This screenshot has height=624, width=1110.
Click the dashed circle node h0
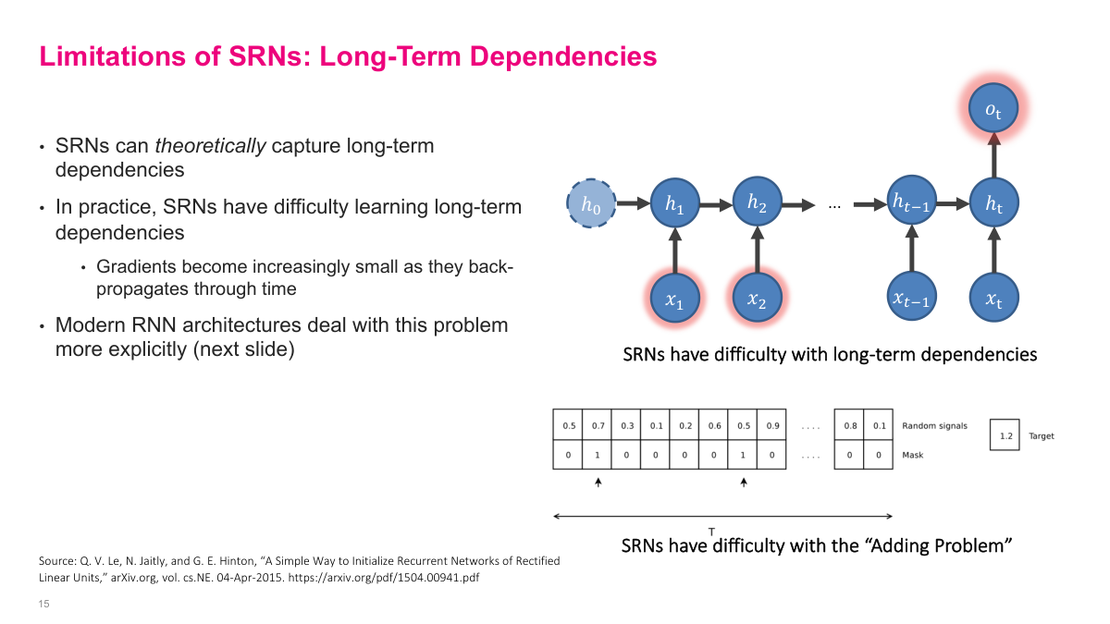tap(590, 203)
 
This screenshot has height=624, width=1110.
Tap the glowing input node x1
tap(675, 298)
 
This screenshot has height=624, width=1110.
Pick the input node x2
tap(757, 298)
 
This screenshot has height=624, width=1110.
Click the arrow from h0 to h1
tap(633, 203)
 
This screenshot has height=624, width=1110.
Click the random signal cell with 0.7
tap(598, 425)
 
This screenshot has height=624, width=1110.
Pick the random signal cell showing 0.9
tap(771, 425)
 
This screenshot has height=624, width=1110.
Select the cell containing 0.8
tap(849, 425)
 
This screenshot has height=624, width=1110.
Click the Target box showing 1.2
tap(1004, 435)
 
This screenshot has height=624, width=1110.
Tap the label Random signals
tap(934, 426)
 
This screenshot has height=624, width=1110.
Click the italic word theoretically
tap(211, 146)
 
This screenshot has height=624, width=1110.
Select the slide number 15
tap(43, 604)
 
